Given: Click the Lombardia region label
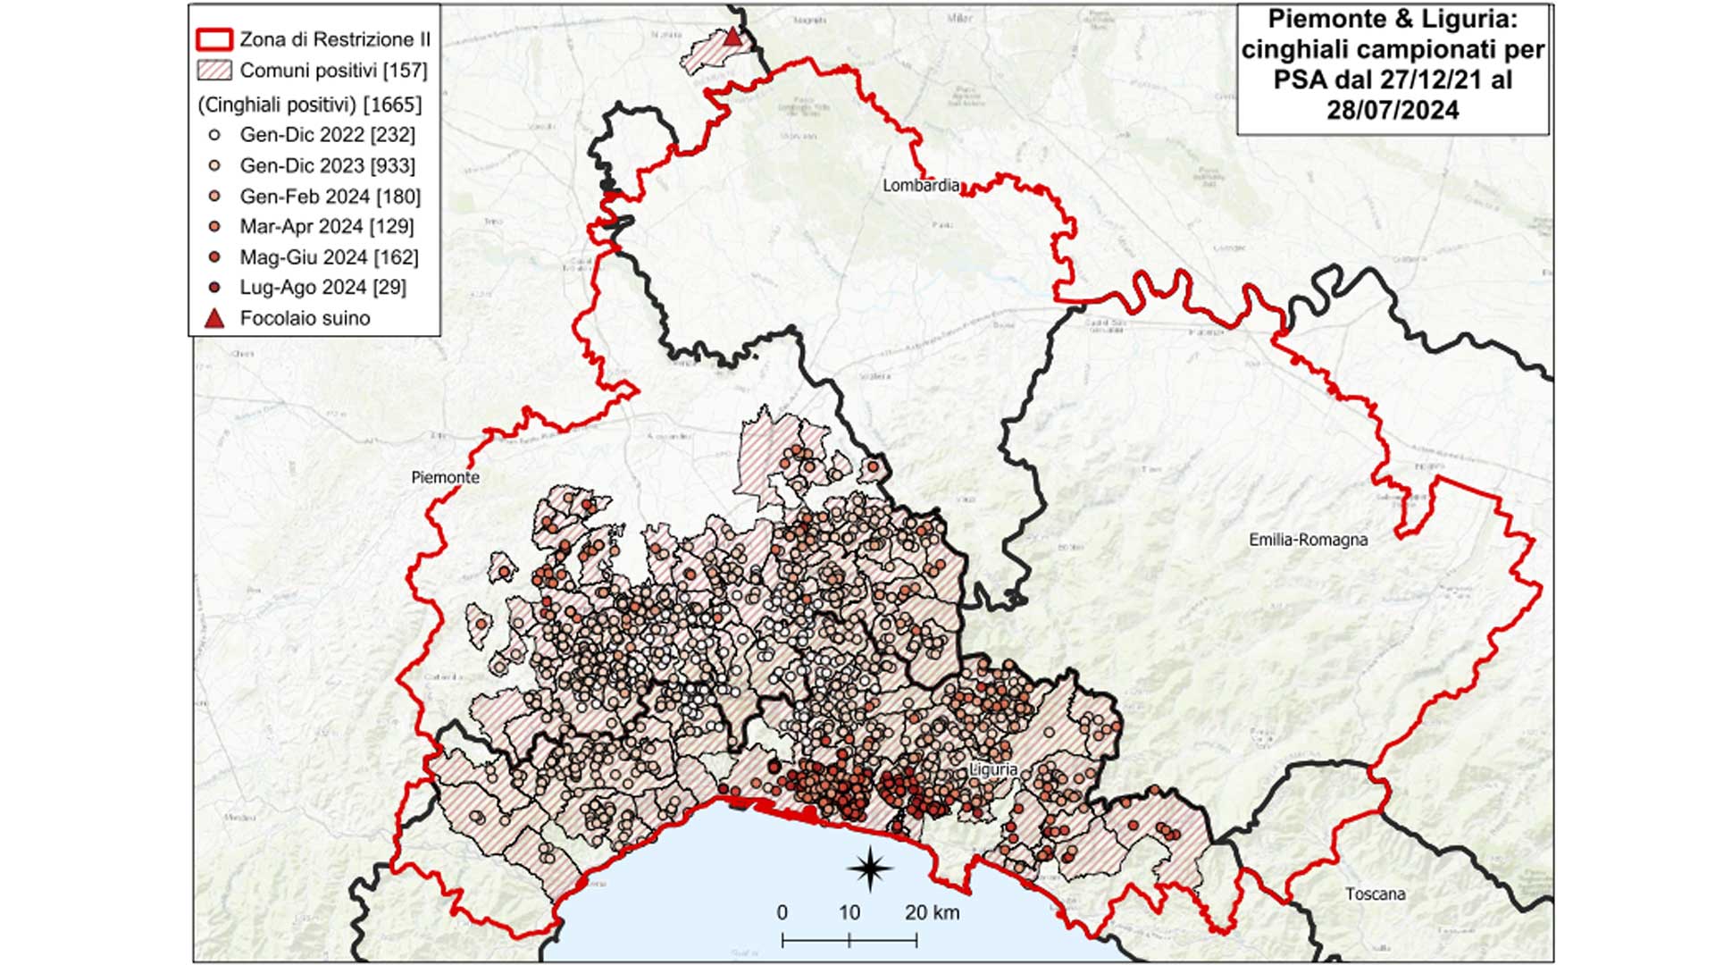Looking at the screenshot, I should (x=921, y=186).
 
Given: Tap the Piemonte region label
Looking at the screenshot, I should (x=445, y=478).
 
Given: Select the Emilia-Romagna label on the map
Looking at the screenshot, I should (x=1308, y=540).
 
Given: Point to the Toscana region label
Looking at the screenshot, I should (x=1375, y=894).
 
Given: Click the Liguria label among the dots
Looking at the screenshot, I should (x=993, y=769).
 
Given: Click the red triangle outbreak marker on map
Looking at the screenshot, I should (x=732, y=37).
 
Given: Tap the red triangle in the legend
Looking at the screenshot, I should (x=214, y=319).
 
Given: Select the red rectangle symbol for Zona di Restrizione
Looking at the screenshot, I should (x=214, y=40).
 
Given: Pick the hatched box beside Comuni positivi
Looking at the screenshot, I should (x=214, y=71).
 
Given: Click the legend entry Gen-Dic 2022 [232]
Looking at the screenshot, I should (x=327, y=135).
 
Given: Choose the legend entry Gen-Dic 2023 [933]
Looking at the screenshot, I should (x=327, y=166).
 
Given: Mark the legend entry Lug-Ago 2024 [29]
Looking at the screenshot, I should (x=322, y=288).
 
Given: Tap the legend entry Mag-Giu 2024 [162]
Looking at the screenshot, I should (x=329, y=257).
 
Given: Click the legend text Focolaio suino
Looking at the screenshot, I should (x=305, y=319).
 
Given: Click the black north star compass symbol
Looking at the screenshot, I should (x=870, y=867).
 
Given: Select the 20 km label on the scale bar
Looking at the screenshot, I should (x=932, y=913).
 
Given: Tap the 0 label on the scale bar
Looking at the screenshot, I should (x=782, y=913).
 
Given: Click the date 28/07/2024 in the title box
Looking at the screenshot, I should (x=1393, y=111).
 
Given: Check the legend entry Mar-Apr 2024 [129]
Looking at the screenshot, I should (x=326, y=227).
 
